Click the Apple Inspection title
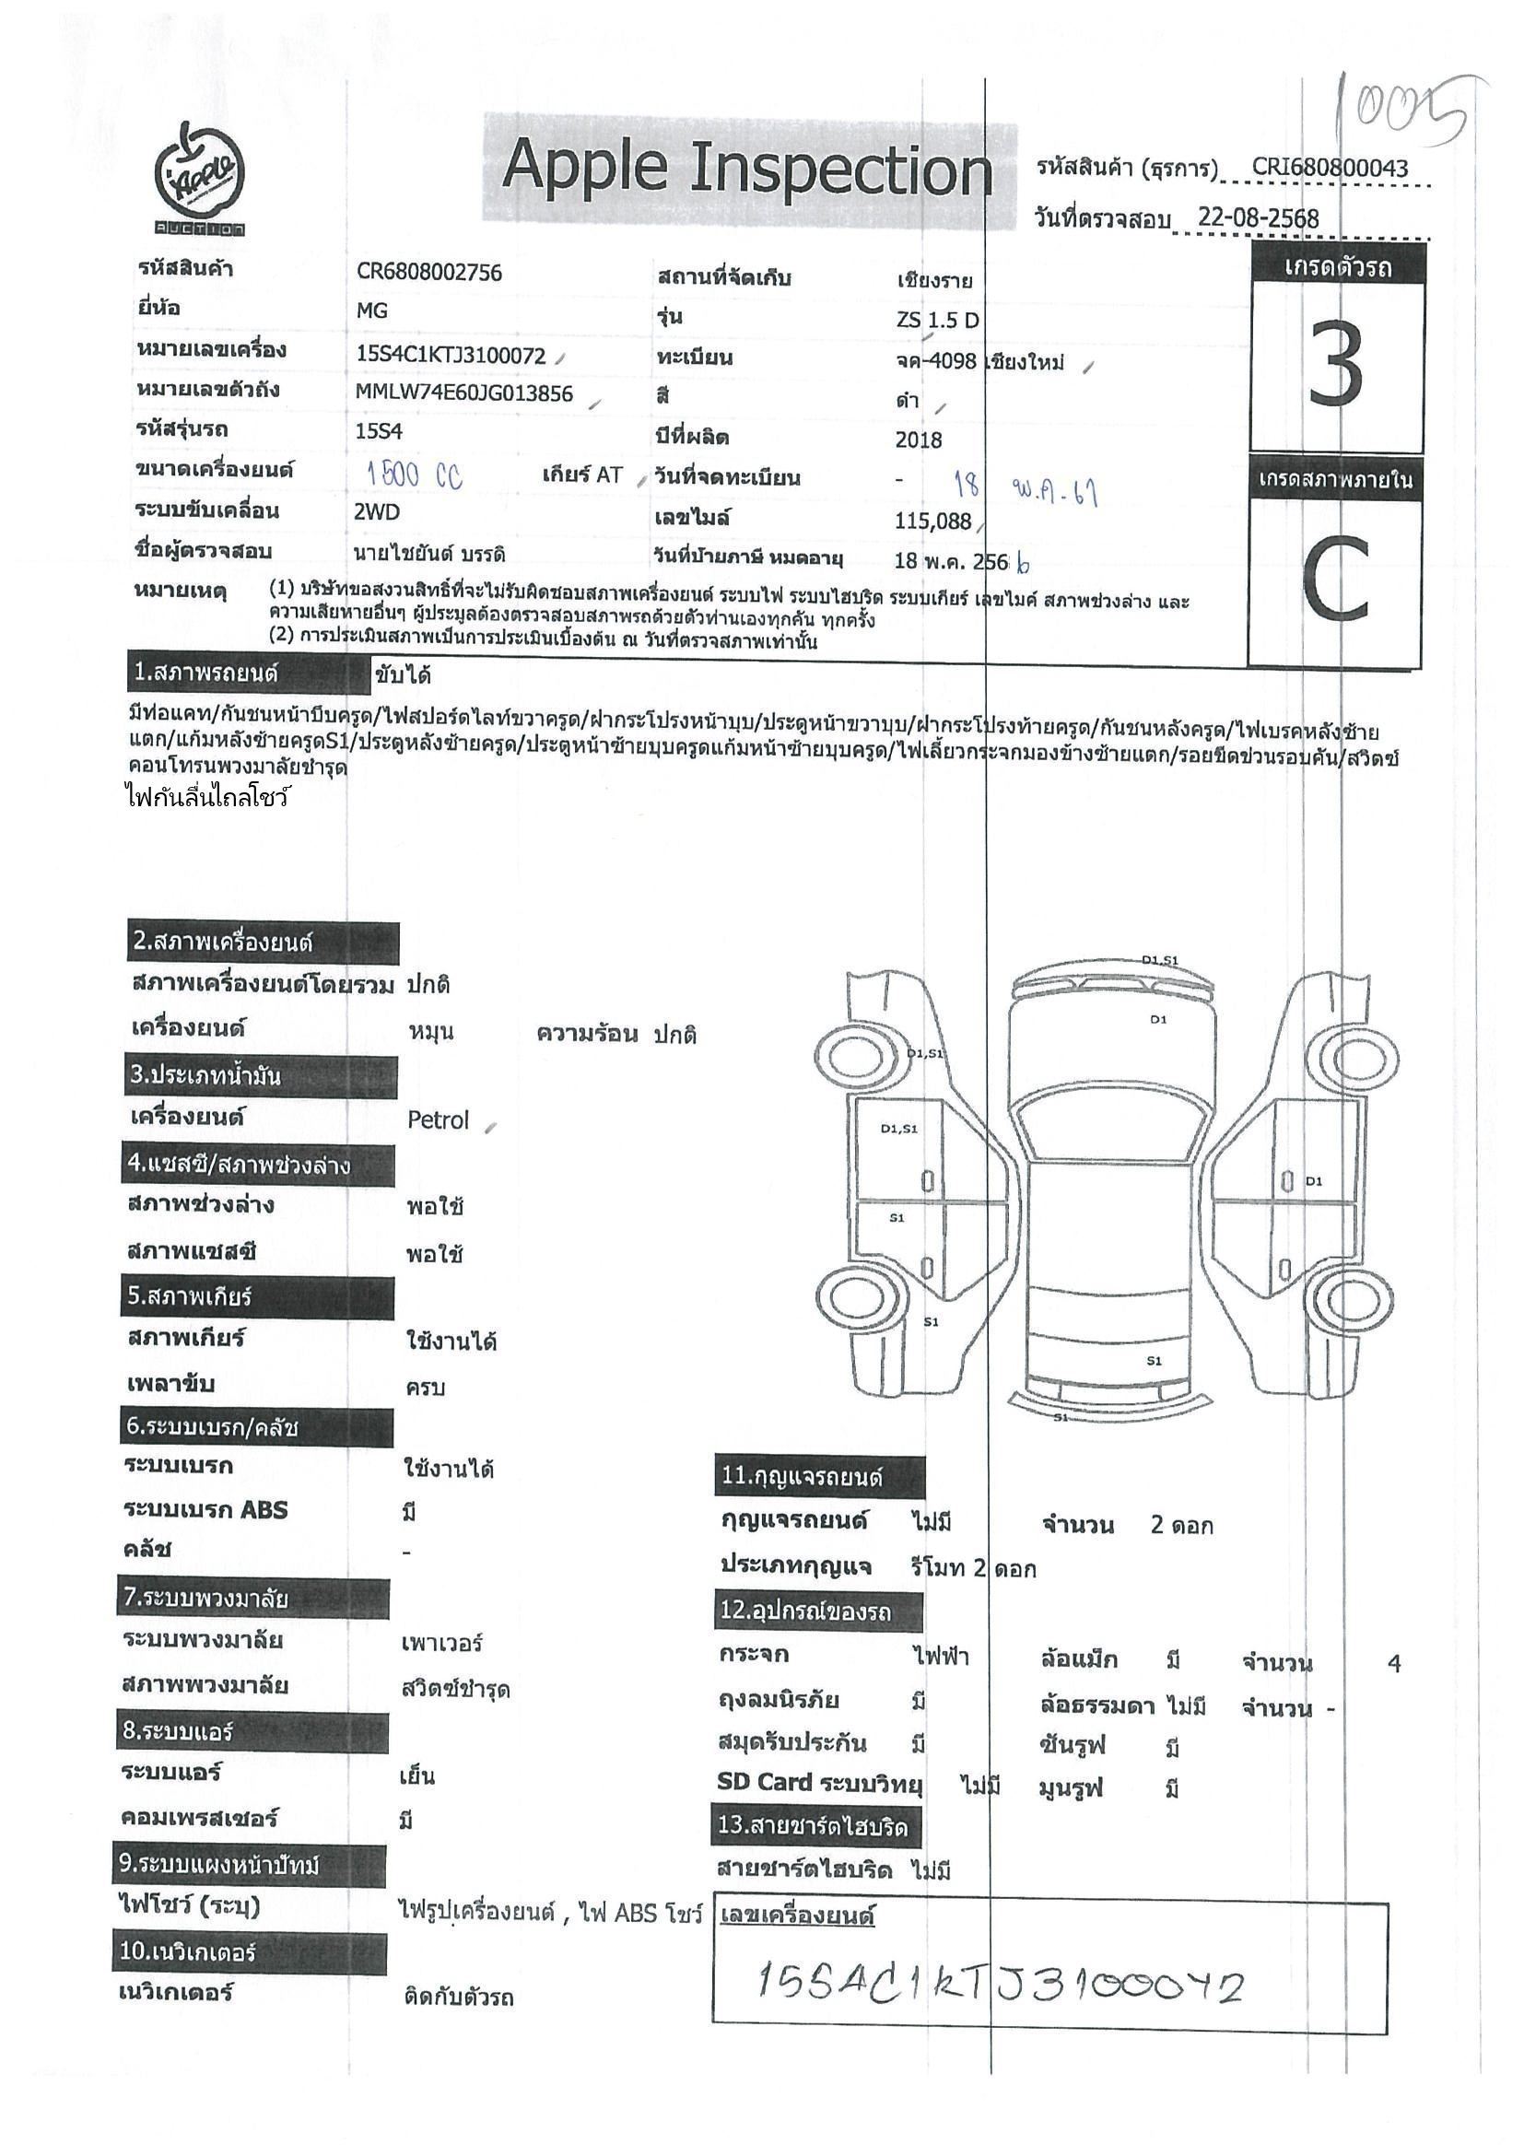click(x=746, y=169)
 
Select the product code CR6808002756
click(x=429, y=273)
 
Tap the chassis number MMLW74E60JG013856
click(x=463, y=393)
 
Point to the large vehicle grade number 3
click(x=1336, y=364)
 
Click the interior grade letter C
click(x=1336, y=583)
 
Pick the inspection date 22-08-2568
click(x=1259, y=218)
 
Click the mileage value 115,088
click(x=932, y=521)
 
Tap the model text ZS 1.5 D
click(x=937, y=321)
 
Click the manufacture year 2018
click(x=919, y=439)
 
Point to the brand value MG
click(x=372, y=311)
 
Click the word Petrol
click(x=438, y=1120)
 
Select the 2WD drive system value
click(x=378, y=511)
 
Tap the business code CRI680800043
click(x=1330, y=168)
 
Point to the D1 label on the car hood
click(x=1158, y=1020)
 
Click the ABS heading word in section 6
click(x=263, y=1510)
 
